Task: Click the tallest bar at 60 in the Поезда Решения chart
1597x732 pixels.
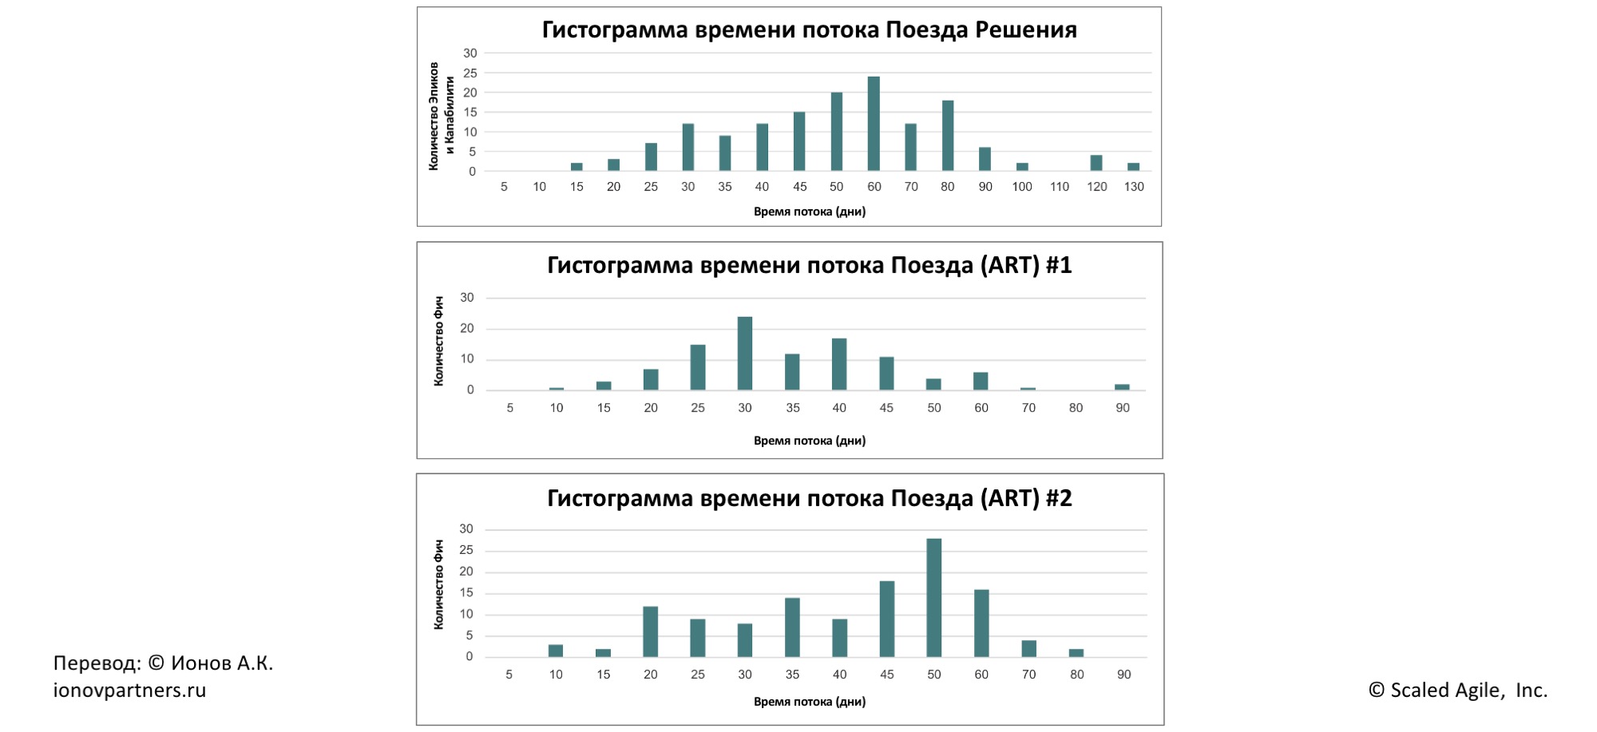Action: pos(874,124)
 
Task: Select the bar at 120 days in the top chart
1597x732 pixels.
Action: pos(1096,163)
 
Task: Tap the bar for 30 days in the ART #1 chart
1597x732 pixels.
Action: pos(745,354)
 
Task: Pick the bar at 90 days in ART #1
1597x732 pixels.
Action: pos(1122,387)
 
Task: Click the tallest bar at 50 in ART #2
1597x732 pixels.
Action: pos(933,598)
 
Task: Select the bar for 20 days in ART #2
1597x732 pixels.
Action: pos(650,632)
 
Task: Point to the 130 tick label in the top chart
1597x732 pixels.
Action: pos(1134,187)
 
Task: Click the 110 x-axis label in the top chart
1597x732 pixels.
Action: pos(1059,187)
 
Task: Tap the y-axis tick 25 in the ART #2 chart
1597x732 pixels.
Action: pos(466,550)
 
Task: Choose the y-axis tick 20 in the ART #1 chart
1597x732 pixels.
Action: pos(467,328)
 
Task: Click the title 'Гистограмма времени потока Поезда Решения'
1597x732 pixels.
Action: pos(809,30)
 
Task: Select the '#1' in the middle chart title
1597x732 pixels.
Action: pos(1059,265)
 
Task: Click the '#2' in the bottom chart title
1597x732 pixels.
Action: pos(1059,498)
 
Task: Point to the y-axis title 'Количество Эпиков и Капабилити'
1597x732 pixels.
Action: pos(442,116)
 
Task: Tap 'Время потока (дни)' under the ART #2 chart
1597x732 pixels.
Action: pos(809,702)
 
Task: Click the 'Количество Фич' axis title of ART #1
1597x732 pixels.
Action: pos(438,342)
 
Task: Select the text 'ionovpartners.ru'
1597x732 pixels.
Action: pos(129,690)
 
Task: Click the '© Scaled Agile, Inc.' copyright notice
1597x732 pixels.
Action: pos(1457,690)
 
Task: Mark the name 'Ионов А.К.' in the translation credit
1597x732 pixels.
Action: pos(222,663)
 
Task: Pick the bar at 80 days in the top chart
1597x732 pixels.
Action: pos(947,136)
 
